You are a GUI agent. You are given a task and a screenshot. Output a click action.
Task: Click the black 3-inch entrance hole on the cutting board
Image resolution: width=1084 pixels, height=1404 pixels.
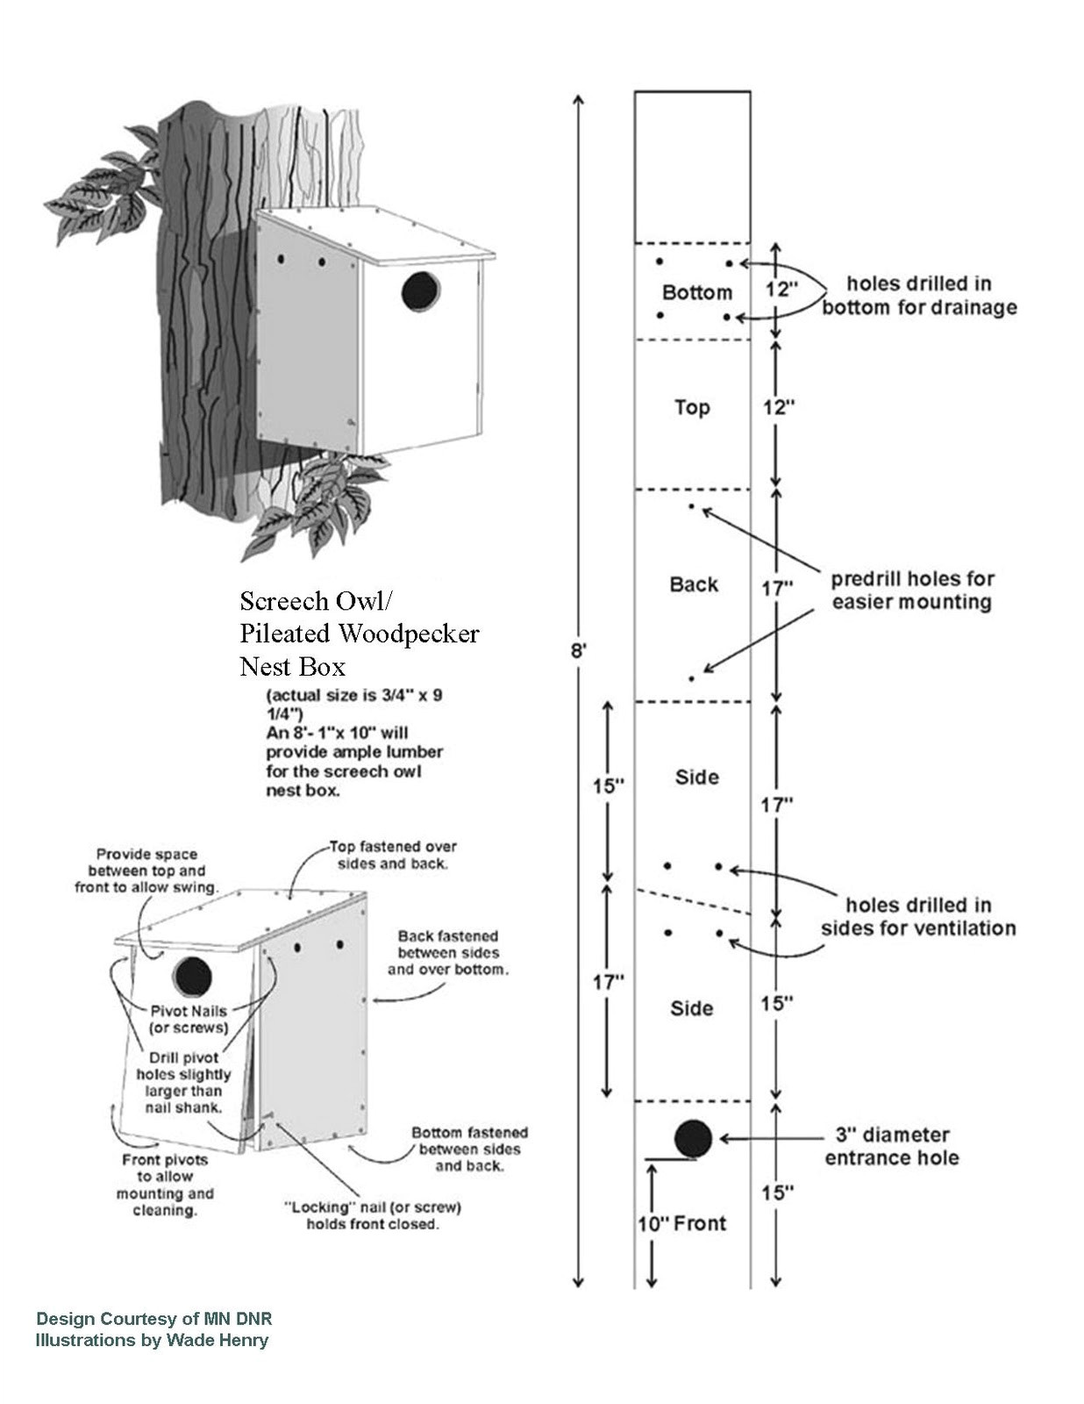(x=693, y=1139)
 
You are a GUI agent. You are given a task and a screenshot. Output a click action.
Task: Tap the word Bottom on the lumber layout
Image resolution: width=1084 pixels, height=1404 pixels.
(x=696, y=292)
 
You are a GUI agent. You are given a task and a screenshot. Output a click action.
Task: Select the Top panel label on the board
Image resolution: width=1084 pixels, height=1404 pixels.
(x=692, y=407)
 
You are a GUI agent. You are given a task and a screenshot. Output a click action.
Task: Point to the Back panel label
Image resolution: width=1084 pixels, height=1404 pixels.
(x=694, y=584)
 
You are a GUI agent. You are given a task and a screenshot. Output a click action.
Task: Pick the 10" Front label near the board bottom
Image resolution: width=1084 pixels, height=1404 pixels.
(x=681, y=1223)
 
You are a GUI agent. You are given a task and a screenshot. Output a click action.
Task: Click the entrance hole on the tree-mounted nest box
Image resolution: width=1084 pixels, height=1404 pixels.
(x=421, y=290)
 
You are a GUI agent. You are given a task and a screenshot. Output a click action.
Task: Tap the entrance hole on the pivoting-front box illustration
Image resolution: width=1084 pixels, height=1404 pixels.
(x=192, y=976)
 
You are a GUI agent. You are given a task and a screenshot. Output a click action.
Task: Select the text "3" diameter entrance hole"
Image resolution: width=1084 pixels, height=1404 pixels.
(x=891, y=1146)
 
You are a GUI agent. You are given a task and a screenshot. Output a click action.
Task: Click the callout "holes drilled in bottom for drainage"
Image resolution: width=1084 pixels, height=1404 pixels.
(x=918, y=296)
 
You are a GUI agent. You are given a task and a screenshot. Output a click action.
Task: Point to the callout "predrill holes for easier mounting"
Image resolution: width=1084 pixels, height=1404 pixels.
(x=912, y=591)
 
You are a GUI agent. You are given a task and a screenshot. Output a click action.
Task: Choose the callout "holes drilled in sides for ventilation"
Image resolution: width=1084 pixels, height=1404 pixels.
(x=917, y=916)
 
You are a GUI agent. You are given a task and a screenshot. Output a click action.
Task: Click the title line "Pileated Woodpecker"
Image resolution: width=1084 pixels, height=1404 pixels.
(x=360, y=634)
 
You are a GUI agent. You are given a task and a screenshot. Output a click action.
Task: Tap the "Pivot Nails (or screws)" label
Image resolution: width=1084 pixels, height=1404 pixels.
(x=189, y=1019)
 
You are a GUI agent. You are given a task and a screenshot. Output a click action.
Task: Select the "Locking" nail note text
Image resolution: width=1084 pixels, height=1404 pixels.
(x=372, y=1215)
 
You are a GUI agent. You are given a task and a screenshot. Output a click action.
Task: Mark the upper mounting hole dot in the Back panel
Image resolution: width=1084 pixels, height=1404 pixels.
(x=691, y=506)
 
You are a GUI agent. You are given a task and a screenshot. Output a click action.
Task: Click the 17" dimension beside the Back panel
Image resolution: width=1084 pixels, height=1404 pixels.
(x=776, y=588)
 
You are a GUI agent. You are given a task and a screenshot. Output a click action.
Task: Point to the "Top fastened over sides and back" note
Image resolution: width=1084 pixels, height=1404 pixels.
(x=392, y=855)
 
